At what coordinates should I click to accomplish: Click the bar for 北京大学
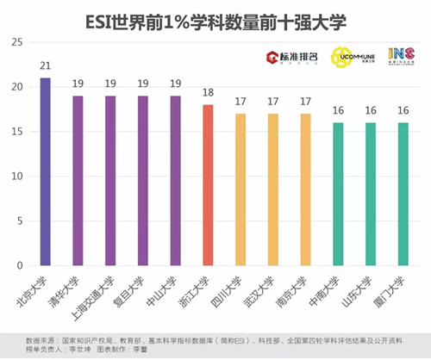tap(45, 172)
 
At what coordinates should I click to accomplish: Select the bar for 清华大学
tap(78, 182)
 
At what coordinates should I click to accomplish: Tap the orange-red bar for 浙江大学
tap(207, 186)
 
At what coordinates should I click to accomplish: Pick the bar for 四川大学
tap(240, 190)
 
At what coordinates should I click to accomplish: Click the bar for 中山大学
tap(175, 182)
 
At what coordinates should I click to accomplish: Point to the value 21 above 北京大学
tap(45, 66)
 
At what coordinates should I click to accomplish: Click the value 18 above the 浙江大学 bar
tap(207, 93)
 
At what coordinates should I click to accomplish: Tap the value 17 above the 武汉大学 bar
tap(272, 102)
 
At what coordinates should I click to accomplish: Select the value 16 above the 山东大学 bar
tap(369, 111)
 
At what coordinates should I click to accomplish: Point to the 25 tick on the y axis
tap(17, 41)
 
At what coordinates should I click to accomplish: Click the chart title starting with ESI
tap(215, 19)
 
